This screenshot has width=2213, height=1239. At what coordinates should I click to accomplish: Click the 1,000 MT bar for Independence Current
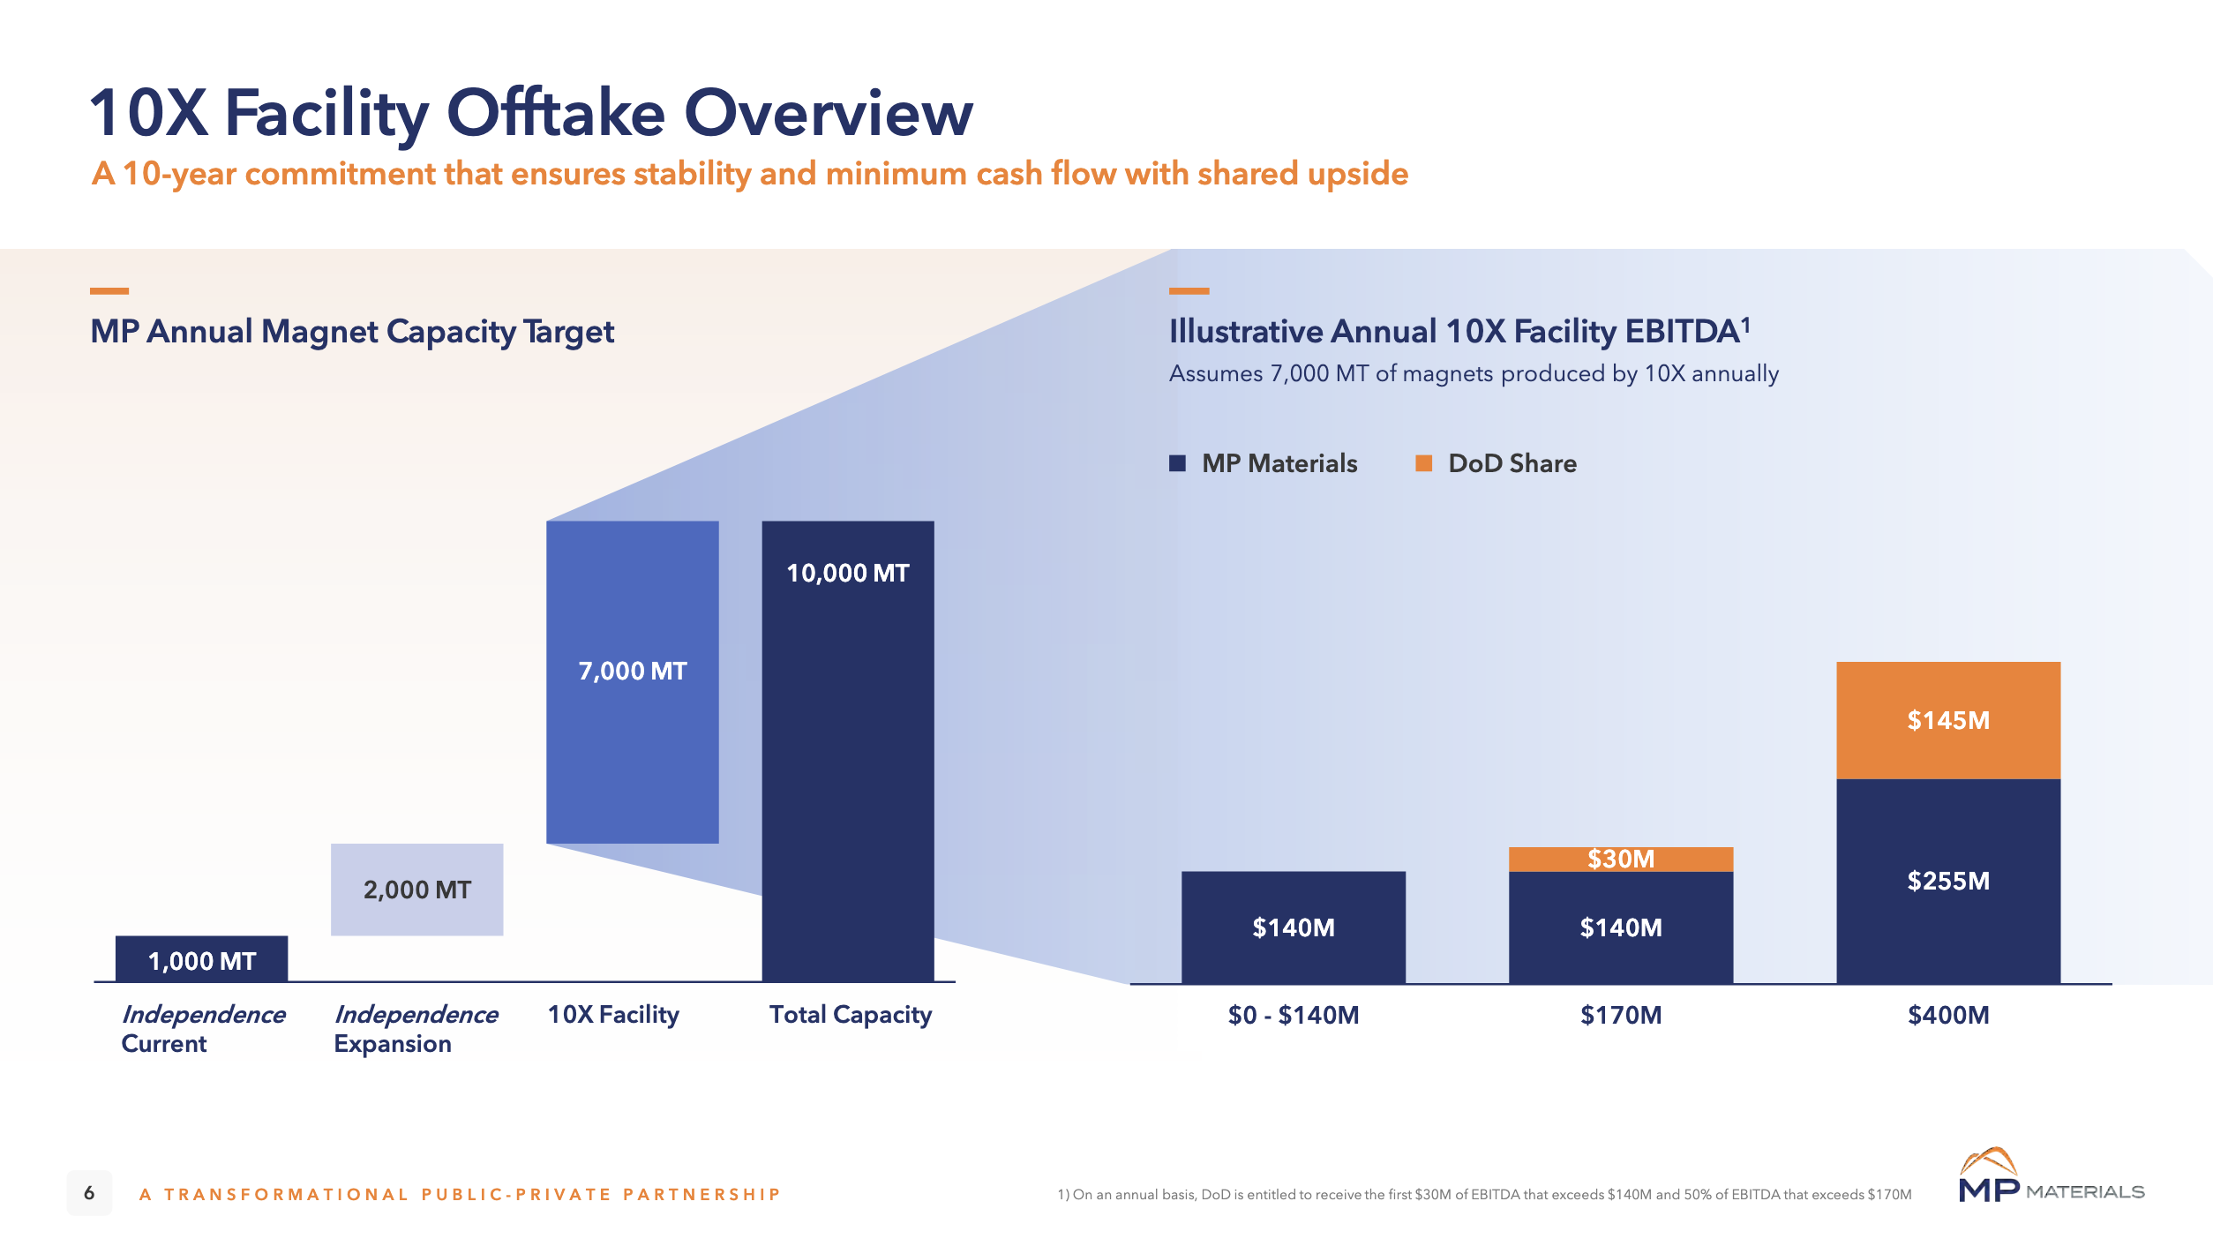pos(201,958)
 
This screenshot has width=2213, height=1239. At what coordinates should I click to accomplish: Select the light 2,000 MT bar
pos(416,889)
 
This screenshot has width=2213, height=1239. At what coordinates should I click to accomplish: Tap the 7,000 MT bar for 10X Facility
pos(632,681)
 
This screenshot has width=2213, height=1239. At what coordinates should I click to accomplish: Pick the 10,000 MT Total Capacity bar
pos(847,750)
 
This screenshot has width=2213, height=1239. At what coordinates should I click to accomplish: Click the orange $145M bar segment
pos(1947,720)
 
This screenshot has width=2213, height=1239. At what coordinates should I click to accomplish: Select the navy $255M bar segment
pos(1947,881)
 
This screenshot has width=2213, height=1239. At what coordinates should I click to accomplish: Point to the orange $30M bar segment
pos(1620,859)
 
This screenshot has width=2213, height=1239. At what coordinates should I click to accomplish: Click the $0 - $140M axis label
pos(1293,1015)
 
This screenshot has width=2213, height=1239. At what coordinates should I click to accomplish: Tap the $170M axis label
pos(1620,1015)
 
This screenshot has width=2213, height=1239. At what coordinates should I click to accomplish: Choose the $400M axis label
pos(1947,1015)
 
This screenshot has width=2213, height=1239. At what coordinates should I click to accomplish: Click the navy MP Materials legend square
pos(1177,463)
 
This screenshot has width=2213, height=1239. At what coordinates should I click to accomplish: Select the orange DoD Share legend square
pos(1423,463)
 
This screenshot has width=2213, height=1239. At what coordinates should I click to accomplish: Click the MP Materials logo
pos(2051,1176)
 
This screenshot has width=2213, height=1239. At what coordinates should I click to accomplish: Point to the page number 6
pos(89,1193)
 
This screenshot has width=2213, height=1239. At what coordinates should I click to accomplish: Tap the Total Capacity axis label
pos(850,1015)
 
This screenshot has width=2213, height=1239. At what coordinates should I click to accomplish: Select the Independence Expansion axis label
pos(415,1029)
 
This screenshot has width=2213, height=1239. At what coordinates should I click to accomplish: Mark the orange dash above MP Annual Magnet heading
pos(109,290)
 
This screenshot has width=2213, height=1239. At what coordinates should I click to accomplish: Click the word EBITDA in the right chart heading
pos(1682,332)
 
